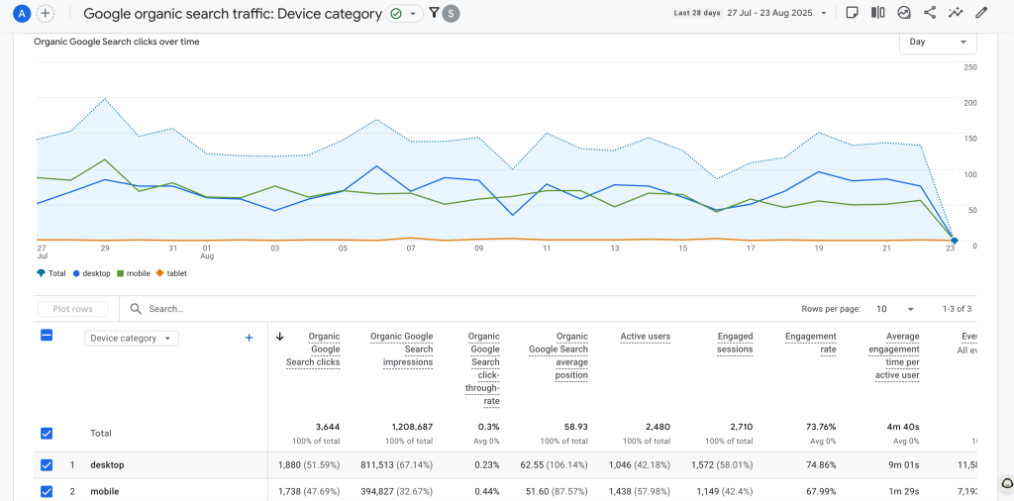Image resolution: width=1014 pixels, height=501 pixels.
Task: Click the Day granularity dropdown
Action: (x=937, y=43)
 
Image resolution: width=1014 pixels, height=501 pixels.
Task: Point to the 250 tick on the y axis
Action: (x=970, y=67)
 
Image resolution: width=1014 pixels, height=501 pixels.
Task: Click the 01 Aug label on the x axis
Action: (x=206, y=252)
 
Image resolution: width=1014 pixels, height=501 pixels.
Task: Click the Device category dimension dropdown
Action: (x=131, y=338)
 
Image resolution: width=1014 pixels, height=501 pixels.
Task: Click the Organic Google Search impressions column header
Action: (x=401, y=350)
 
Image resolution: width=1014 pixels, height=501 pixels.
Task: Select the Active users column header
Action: (x=645, y=337)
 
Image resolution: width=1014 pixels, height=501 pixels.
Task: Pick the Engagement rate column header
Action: (x=810, y=343)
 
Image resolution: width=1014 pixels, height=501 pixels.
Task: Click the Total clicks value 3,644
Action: (x=323, y=427)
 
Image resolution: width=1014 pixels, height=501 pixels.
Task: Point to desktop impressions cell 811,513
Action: (x=399, y=464)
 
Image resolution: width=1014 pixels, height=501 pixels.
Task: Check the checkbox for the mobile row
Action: (x=47, y=491)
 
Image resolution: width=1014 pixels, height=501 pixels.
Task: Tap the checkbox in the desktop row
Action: (x=47, y=464)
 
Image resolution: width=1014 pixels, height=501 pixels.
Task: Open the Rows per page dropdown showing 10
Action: (x=895, y=309)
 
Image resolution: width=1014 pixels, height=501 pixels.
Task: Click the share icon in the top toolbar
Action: (x=930, y=13)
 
